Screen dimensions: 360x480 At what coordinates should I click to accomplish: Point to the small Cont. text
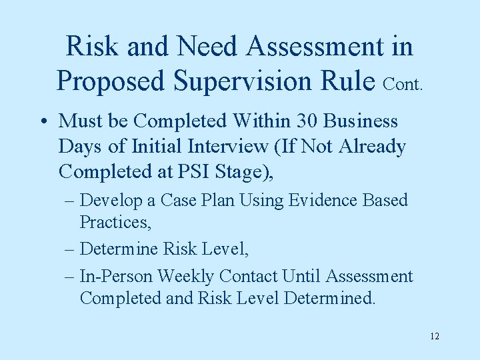(403, 85)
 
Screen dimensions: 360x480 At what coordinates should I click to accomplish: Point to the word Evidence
(327, 200)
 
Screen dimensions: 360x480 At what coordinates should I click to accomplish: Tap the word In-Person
(113, 277)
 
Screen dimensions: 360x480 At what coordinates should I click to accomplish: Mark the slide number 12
(435, 336)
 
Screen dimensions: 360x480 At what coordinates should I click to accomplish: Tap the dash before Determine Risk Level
(70, 249)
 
